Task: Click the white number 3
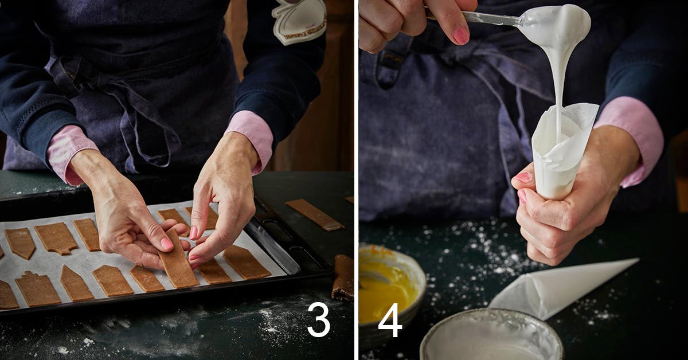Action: coord(319,319)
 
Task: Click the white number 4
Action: coord(390,320)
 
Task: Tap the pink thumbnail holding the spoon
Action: coord(461,36)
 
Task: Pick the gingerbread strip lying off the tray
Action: coord(315,214)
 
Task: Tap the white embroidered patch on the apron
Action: coord(299,22)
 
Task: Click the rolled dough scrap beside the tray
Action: coord(342,277)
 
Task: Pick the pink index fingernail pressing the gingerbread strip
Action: coord(166,244)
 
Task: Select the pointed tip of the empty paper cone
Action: coord(638,260)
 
